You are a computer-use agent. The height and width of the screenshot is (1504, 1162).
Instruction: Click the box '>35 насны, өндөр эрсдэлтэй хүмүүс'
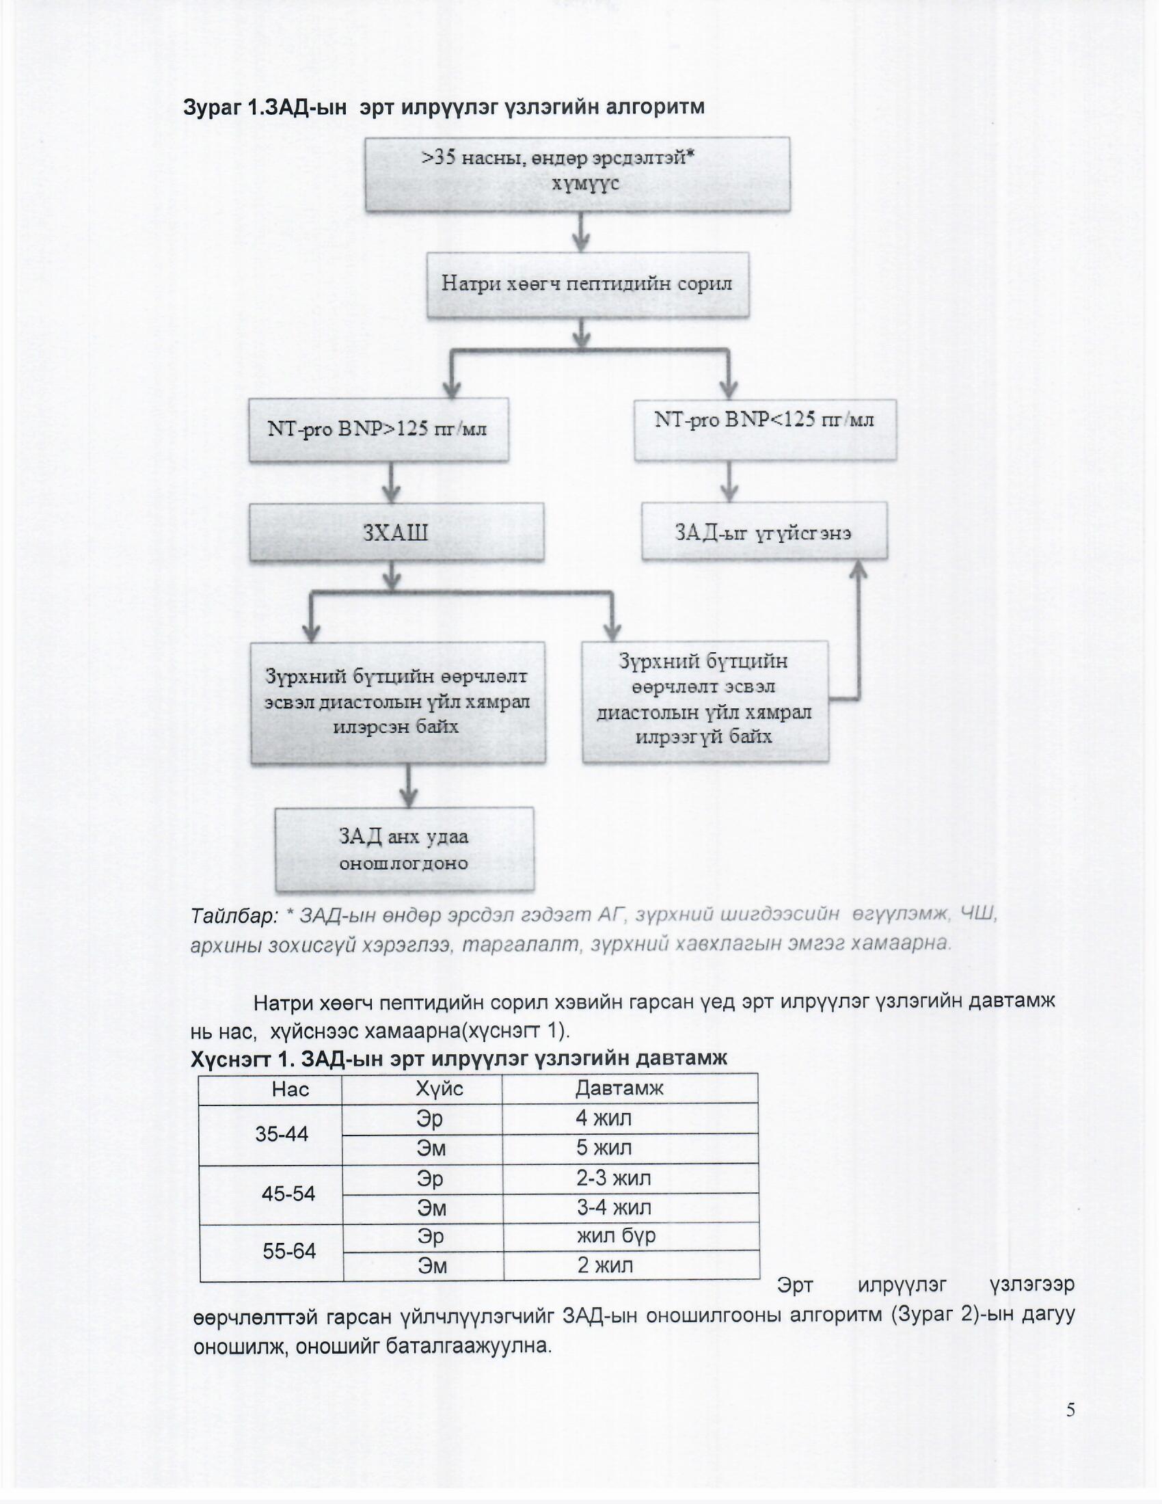click(x=577, y=174)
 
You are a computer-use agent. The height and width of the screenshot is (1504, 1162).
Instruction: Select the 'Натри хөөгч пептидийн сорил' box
click(x=587, y=284)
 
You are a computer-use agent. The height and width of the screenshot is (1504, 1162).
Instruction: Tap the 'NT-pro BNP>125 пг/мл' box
click(x=379, y=430)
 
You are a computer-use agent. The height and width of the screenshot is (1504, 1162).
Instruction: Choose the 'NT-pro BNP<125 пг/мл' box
click(x=765, y=429)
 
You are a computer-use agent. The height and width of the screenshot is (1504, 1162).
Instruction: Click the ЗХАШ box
click(x=396, y=532)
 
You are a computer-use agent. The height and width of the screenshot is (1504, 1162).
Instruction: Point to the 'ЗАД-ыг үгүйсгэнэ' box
click(x=764, y=531)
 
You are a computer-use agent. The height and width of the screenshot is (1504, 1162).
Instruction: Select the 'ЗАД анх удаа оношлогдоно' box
click(x=404, y=849)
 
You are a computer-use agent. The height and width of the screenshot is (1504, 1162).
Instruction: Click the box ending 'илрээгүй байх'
click(x=705, y=701)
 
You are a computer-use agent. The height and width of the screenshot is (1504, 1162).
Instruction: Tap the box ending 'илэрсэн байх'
click(x=397, y=702)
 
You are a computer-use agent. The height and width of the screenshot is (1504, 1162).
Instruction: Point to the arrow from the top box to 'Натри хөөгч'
click(x=582, y=232)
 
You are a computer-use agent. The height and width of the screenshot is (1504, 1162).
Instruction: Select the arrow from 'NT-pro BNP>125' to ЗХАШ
click(x=391, y=482)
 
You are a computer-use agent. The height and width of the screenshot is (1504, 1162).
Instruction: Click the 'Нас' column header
click(x=290, y=1089)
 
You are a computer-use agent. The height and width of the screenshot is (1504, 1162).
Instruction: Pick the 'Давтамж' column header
click(x=619, y=1088)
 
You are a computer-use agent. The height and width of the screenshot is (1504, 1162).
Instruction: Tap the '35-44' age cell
click(x=282, y=1133)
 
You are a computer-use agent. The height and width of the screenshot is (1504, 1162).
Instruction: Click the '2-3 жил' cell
click(x=613, y=1179)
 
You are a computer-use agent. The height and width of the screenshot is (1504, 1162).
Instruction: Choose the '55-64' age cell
click(x=289, y=1250)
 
